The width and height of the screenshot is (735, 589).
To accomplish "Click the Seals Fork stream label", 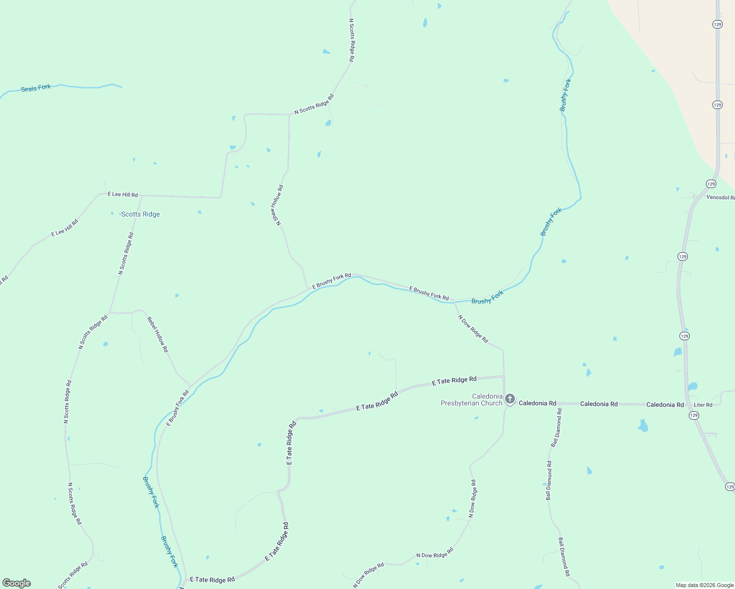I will pyautogui.click(x=36, y=88).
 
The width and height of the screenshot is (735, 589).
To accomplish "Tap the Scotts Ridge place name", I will pyautogui.click(x=141, y=214).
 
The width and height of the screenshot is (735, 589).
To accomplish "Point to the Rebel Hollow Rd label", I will pyautogui.click(x=158, y=334).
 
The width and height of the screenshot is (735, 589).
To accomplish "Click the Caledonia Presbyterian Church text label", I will pyautogui.click(x=472, y=400).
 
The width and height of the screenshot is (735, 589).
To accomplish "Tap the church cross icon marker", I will pyautogui.click(x=510, y=399).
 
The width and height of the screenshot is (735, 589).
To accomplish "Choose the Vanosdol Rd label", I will pyautogui.click(x=720, y=197).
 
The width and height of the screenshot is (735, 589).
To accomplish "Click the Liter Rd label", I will pyautogui.click(x=703, y=405).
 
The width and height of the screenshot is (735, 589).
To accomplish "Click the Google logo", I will pyautogui.click(x=17, y=583).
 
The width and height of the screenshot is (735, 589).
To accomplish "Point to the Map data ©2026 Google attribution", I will pyautogui.click(x=705, y=585).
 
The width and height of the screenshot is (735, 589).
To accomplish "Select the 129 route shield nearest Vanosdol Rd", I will pyautogui.click(x=711, y=184).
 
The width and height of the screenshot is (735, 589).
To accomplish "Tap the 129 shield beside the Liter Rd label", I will pyautogui.click(x=693, y=415).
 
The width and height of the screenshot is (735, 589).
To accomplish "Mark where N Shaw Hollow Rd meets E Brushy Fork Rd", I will pyautogui.click(x=308, y=289).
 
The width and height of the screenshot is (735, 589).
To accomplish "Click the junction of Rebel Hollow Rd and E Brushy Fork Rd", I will pyautogui.click(x=190, y=386).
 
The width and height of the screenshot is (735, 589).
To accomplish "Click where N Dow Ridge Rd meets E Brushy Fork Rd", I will pyautogui.click(x=454, y=301).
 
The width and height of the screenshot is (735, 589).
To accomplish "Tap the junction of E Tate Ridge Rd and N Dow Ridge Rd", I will pyautogui.click(x=504, y=376).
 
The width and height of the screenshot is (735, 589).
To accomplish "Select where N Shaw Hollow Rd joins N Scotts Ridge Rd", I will pyautogui.click(x=289, y=114).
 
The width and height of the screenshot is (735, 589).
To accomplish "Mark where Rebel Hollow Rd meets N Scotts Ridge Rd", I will pyautogui.click(x=109, y=312).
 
